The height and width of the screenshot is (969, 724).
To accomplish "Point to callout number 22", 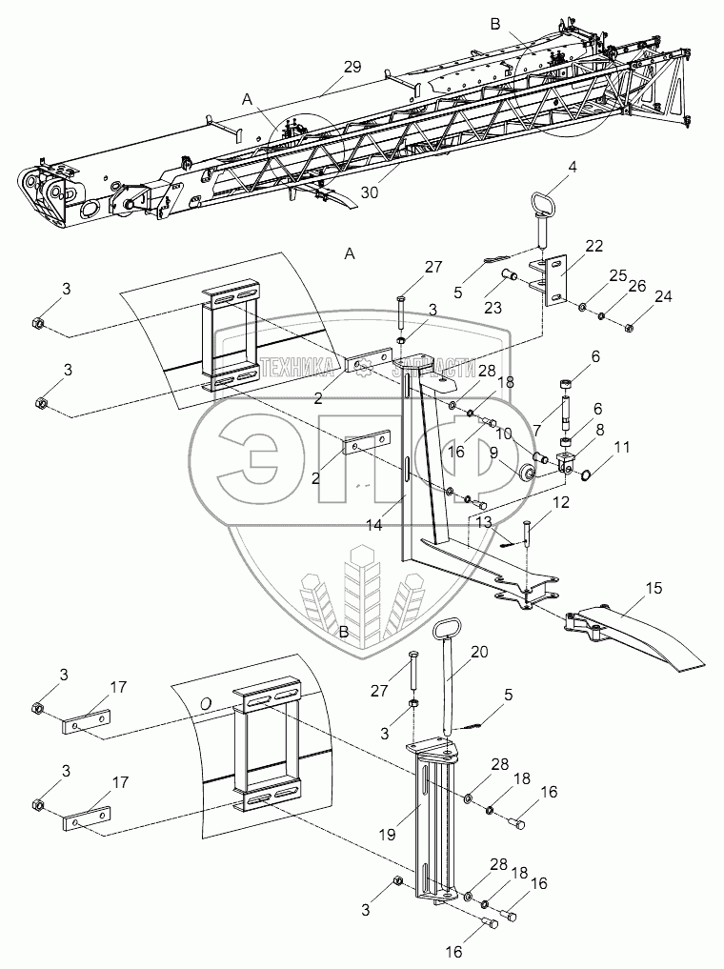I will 593,247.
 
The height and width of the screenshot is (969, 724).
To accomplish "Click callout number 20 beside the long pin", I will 479,652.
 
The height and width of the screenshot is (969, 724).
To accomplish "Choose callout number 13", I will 483,523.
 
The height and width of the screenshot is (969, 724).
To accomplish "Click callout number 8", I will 599,430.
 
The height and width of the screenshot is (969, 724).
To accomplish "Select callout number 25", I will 618,275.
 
